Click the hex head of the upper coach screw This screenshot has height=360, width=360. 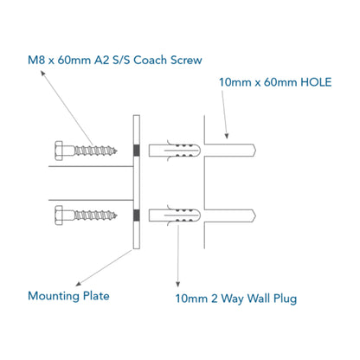pyautogui.click(x=59, y=151)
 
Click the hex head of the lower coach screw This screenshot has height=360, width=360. pyautogui.click(x=59, y=215)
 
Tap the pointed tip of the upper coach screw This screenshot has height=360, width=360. pyautogui.click(x=117, y=151)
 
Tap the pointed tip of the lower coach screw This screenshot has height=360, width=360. pyautogui.click(x=117, y=215)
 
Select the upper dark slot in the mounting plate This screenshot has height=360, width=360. pyautogui.click(x=137, y=151)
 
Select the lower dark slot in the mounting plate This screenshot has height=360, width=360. pyautogui.click(x=137, y=215)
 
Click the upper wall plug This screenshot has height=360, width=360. pyautogui.click(x=175, y=151)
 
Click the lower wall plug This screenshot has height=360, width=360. pyautogui.click(x=175, y=215)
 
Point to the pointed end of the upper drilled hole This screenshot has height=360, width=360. pyautogui.click(x=255, y=151)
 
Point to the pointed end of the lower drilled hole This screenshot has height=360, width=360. pyautogui.click(x=255, y=215)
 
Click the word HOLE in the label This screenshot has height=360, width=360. pyautogui.click(x=316, y=82)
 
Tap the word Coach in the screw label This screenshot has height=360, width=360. pyautogui.click(x=150, y=60)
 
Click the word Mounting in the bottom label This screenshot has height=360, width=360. pyautogui.click(x=54, y=296)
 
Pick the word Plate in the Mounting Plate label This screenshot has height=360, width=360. pyautogui.click(x=96, y=296)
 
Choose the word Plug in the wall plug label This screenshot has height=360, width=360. pyautogui.click(x=285, y=299)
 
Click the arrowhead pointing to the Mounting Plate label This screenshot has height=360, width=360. pyautogui.click(x=78, y=284)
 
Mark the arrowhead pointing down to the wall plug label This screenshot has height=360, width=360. pyautogui.click(x=178, y=285)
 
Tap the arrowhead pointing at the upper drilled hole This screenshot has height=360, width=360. pyautogui.click(x=227, y=136)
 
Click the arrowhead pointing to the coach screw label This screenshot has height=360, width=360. pyautogui.click(x=42, y=73)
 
